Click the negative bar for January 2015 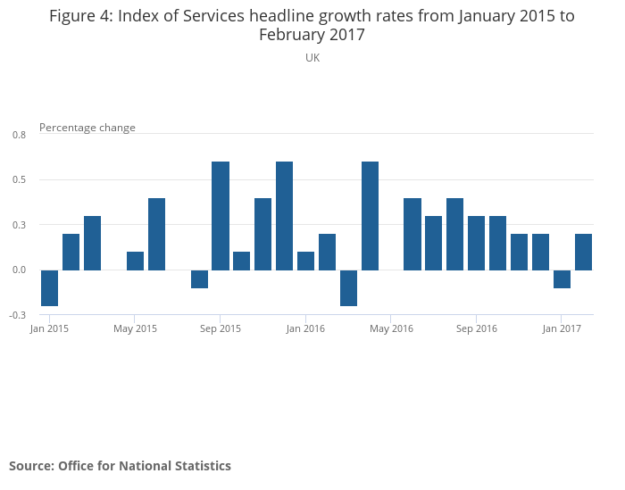click(x=49, y=287)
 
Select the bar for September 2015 click(x=221, y=216)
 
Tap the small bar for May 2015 click(x=135, y=261)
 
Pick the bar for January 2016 click(x=305, y=261)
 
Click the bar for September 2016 click(x=477, y=243)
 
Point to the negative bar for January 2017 click(x=562, y=278)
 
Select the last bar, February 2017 click(x=583, y=252)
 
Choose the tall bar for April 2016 click(x=370, y=216)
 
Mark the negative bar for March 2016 click(x=348, y=287)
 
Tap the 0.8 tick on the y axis click(x=20, y=135)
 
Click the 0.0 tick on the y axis click(x=20, y=270)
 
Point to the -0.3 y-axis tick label click(x=19, y=315)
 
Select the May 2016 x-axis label click(x=391, y=328)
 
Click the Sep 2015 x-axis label click(x=221, y=328)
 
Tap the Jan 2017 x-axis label click(x=562, y=328)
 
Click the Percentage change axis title click(x=87, y=128)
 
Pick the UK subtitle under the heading click(x=312, y=57)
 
